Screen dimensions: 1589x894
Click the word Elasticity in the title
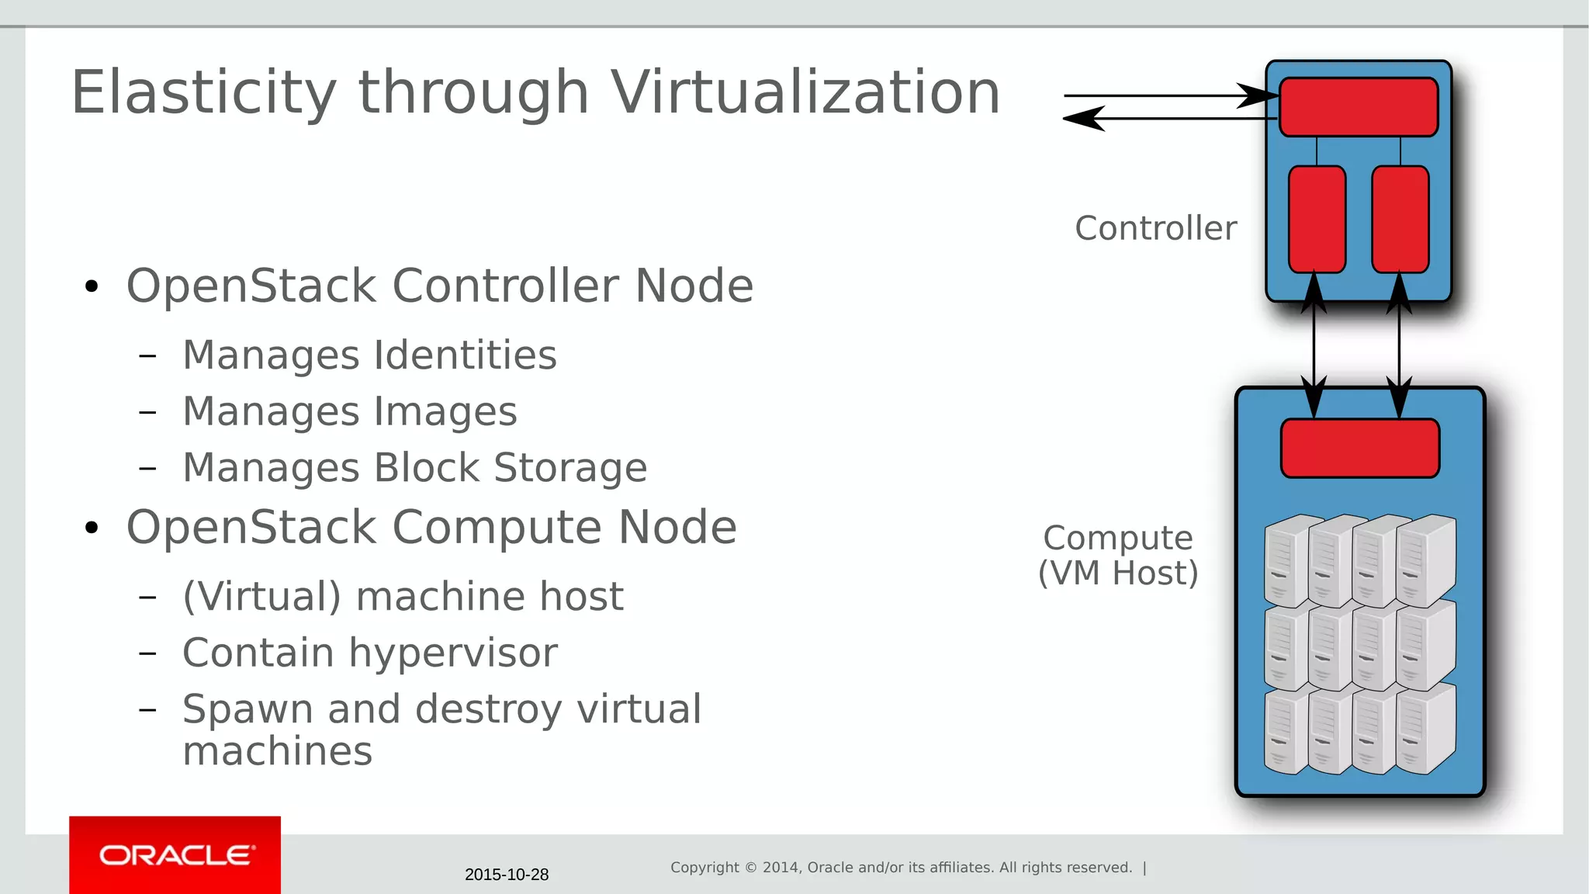[x=203, y=93]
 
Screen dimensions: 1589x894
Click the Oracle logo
[x=175, y=855]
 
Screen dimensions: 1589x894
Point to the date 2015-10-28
[x=507, y=875]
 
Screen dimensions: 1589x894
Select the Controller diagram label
[x=1155, y=228]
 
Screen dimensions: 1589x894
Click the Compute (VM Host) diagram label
[x=1118, y=556]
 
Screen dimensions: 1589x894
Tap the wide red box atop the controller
[x=1358, y=107]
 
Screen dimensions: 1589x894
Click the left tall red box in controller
[x=1317, y=219]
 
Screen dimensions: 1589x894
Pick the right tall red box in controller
[x=1400, y=219]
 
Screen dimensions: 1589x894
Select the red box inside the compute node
[x=1360, y=449]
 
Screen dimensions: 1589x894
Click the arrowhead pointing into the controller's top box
[x=1258, y=95]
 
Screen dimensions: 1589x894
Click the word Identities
[x=466, y=355]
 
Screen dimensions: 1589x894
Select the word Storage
[x=570, y=468]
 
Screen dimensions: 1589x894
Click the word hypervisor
[x=453, y=653]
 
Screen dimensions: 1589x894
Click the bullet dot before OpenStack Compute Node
[x=92, y=528]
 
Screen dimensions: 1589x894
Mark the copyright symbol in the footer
[x=750, y=868]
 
